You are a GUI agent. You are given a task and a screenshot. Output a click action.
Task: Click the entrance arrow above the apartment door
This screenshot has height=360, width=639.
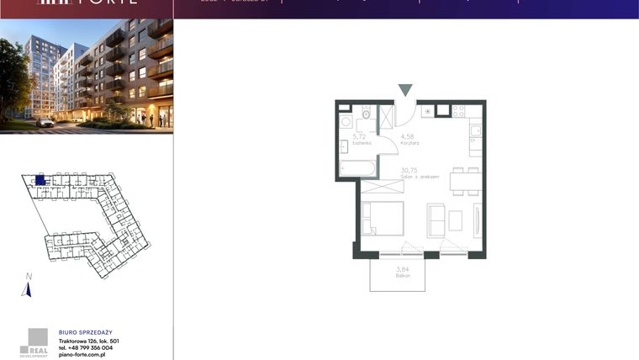[405, 90]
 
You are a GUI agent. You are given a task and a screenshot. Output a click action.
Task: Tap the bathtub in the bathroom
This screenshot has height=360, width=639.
[359, 169]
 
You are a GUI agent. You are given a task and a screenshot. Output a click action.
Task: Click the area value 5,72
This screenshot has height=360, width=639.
[359, 136]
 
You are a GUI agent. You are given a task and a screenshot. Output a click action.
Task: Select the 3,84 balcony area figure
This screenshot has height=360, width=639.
[401, 268]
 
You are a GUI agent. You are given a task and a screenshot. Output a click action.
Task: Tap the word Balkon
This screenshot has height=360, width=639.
[401, 276]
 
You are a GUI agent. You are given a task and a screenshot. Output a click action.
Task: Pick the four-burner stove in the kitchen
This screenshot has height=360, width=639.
[459, 111]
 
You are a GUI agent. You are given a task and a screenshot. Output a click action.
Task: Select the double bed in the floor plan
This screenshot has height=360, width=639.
[383, 219]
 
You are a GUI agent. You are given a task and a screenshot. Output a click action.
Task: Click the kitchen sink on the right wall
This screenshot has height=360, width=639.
[475, 130]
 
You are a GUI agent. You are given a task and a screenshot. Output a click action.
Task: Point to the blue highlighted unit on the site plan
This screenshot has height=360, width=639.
[40, 179]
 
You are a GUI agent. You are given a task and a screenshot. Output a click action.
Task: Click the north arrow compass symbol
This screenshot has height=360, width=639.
[27, 289]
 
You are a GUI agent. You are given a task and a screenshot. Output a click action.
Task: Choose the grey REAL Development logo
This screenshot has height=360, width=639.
[36, 341]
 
